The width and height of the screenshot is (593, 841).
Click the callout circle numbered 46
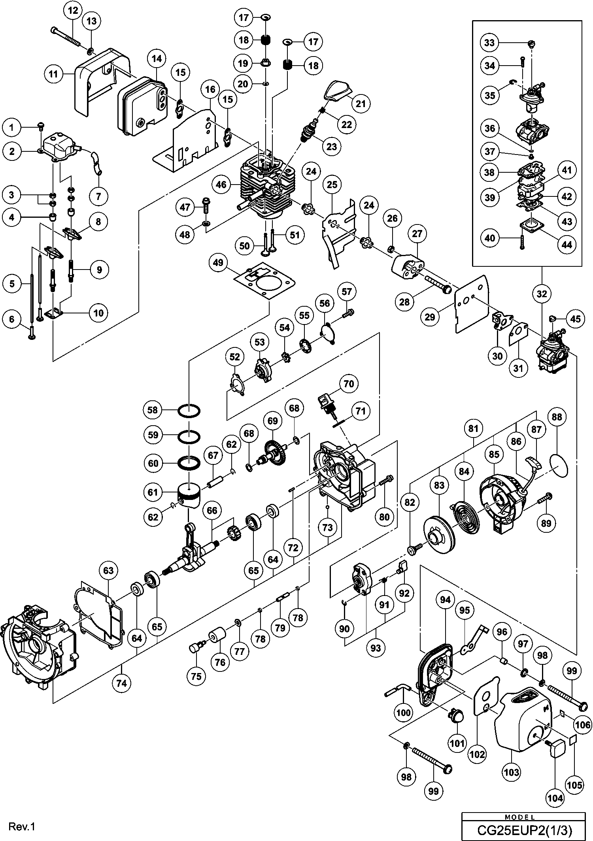221,184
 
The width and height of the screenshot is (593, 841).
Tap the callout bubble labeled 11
53,74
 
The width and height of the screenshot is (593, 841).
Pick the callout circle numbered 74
121,683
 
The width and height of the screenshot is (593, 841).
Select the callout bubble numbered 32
542,294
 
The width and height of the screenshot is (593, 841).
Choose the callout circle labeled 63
108,570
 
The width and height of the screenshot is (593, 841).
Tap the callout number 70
349,384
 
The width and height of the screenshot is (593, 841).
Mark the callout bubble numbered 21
361,104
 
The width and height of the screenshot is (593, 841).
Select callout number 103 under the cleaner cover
512,772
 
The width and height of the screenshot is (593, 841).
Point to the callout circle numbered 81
473,429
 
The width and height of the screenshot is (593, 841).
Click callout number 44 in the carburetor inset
567,245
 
